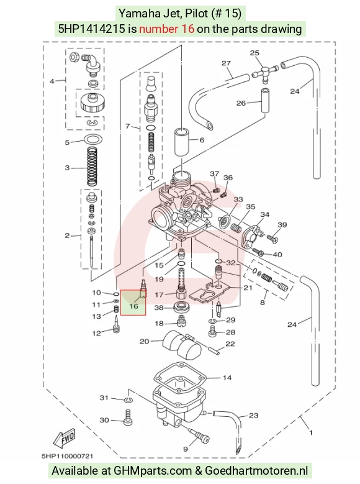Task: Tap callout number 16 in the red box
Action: pos(133,306)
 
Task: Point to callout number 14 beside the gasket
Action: pos(227,378)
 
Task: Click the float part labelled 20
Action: pos(182,345)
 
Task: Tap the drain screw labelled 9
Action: pos(199,434)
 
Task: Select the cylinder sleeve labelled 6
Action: pos(182,142)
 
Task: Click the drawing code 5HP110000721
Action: pos(67,456)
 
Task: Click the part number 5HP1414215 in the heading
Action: pos(92,29)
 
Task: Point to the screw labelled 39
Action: pos(272,238)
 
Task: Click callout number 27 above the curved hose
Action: pos(226,63)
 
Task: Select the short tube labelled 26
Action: pos(264,101)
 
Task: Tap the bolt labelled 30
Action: pos(128,418)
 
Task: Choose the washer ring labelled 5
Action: pos(93,140)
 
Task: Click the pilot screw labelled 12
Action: pos(116,324)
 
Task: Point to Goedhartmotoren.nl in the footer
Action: pos(256,471)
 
